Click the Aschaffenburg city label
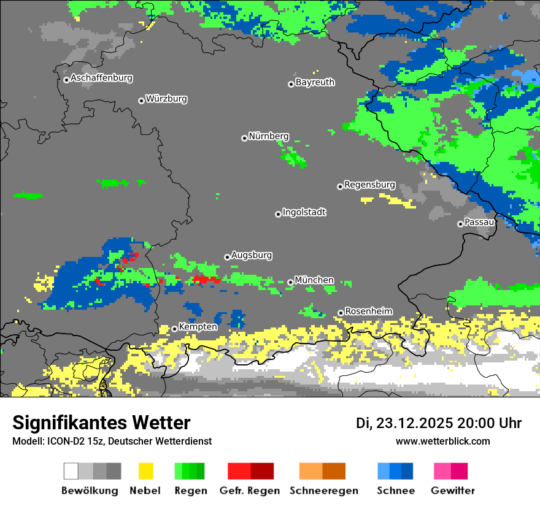pyautogui.click(x=101, y=78)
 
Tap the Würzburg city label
pyautogui.click(x=166, y=99)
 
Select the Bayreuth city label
pyautogui.click(x=315, y=82)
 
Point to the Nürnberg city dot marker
pyautogui.click(x=244, y=138)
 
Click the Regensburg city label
pyautogui.click(x=369, y=185)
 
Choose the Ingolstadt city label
pyautogui.click(x=304, y=212)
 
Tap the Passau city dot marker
pyautogui.click(x=460, y=224)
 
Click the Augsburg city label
pyautogui.click(x=252, y=255)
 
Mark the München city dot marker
pyautogui.click(x=290, y=282)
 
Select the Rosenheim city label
pyautogui.click(x=368, y=312)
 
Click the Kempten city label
pyautogui.click(x=198, y=327)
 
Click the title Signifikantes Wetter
pyautogui.click(x=101, y=423)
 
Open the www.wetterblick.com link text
pyautogui.click(x=442, y=441)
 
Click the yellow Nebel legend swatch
pyautogui.click(x=145, y=471)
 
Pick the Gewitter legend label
pyautogui.click(x=452, y=491)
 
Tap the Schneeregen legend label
pyautogui.click(x=323, y=491)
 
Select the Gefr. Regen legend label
pyautogui.click(x=250, y=491)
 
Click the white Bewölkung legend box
pyautogui.click(x=71, y=471)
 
